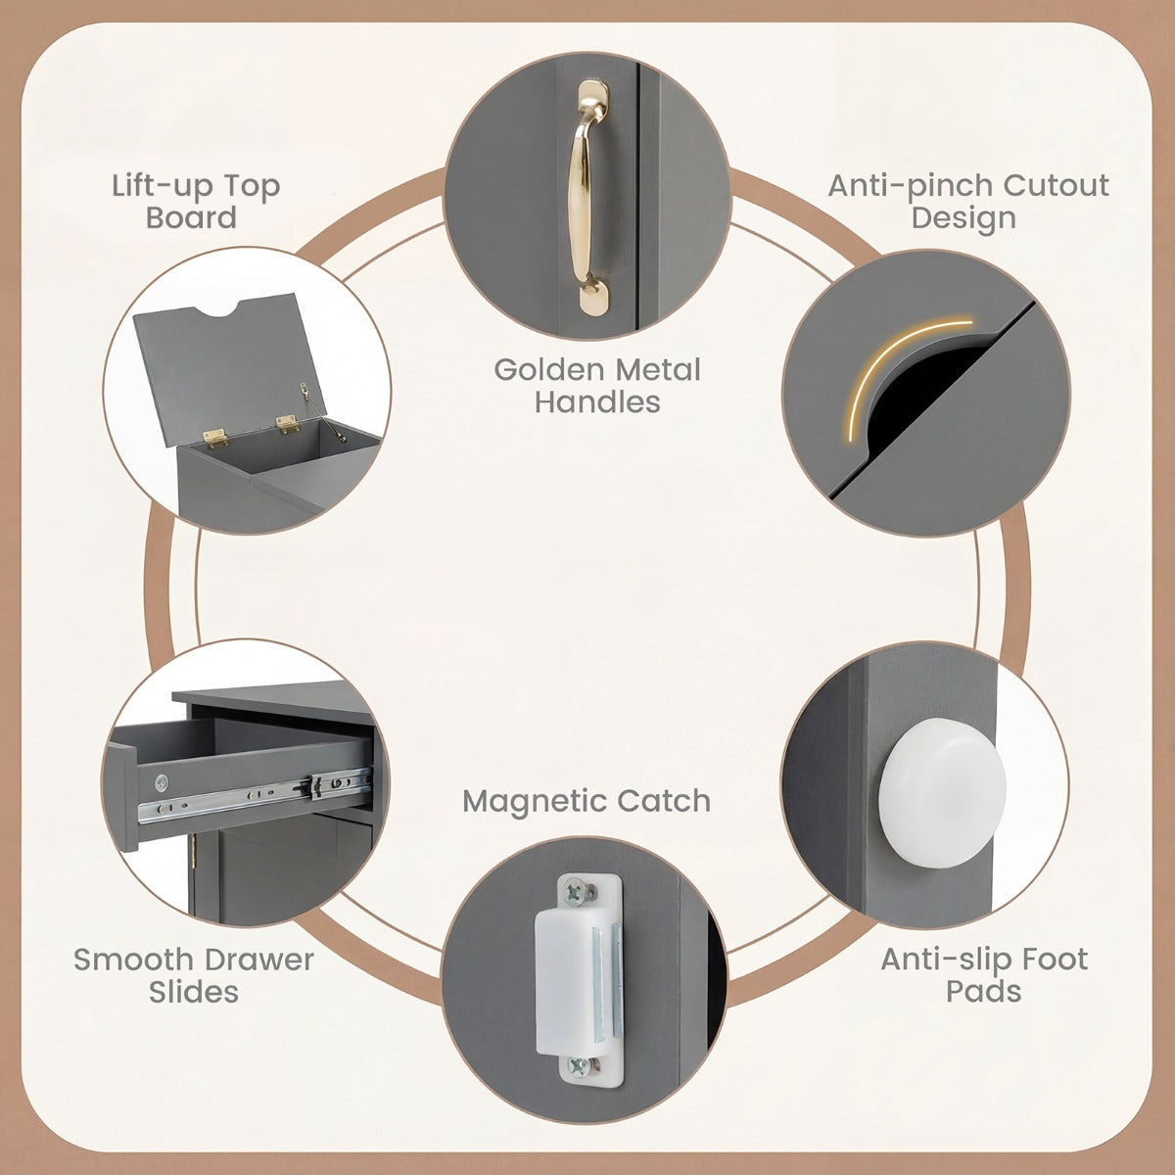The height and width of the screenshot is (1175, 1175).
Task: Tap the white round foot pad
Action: (941, 791)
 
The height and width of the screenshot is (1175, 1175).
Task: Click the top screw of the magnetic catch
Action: (575, 893)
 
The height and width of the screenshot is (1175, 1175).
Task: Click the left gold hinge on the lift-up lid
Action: (214, 436)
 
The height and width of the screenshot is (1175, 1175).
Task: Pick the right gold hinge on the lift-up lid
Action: (287, 424)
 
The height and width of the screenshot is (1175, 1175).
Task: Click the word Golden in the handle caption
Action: (547, 369)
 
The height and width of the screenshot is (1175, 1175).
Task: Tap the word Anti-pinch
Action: (910, 186)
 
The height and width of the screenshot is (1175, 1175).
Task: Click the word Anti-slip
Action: (946, 960)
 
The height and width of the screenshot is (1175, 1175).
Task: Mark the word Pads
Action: (983, 992)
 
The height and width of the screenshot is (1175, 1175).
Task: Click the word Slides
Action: (194, 992)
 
